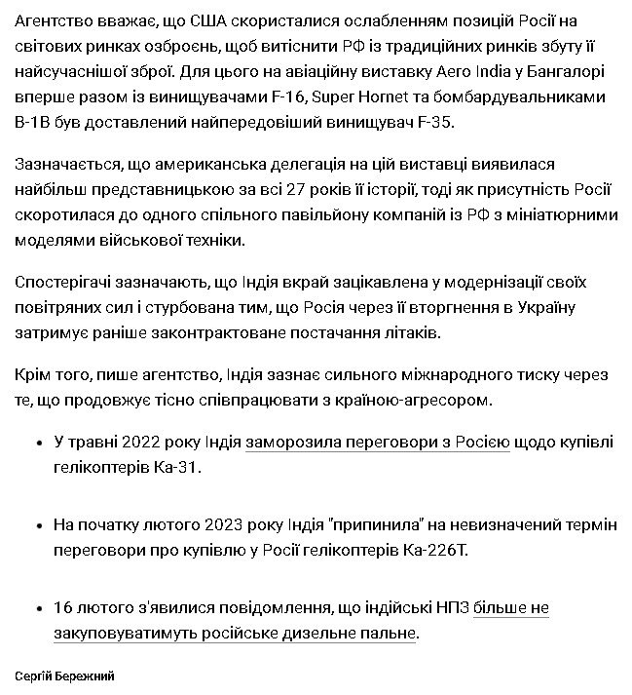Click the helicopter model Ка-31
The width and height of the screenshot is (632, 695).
(183, 468)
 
